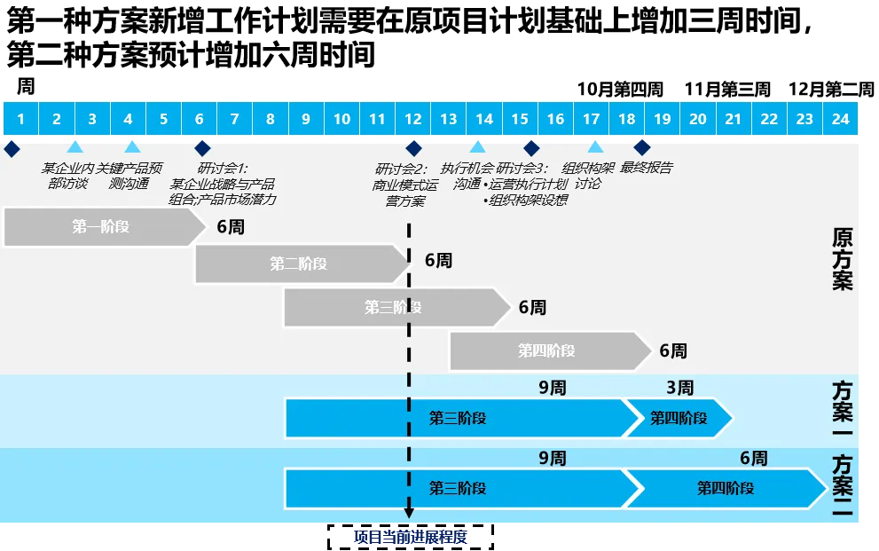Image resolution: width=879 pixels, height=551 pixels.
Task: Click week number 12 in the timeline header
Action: [413, 119]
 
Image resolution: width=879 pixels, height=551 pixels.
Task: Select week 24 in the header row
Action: [840, 119]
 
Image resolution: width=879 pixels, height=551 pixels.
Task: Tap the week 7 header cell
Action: [234, 119]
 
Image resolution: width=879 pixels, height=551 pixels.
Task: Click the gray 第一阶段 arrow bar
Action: [103, 227]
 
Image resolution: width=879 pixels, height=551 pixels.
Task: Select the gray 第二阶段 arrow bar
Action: [299, 264]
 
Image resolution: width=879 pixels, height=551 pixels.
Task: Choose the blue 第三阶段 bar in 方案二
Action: [457, 489]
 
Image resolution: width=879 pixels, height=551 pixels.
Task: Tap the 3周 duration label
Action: [680, 388]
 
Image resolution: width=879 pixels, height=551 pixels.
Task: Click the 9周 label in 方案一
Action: [552, 388]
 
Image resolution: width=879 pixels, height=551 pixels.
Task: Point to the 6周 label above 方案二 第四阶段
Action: [753, 459]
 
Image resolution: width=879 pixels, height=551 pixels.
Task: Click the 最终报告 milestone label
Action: [646, 168]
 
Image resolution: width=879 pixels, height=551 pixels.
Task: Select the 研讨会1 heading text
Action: [223, 168]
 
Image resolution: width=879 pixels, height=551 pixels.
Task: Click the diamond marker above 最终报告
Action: [641, 147]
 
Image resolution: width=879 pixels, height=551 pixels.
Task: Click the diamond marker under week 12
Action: [413, 148]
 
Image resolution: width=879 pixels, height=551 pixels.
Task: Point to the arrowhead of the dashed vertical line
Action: [409, 513]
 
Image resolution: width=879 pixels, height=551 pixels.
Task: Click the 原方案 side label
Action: [842, 259]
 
